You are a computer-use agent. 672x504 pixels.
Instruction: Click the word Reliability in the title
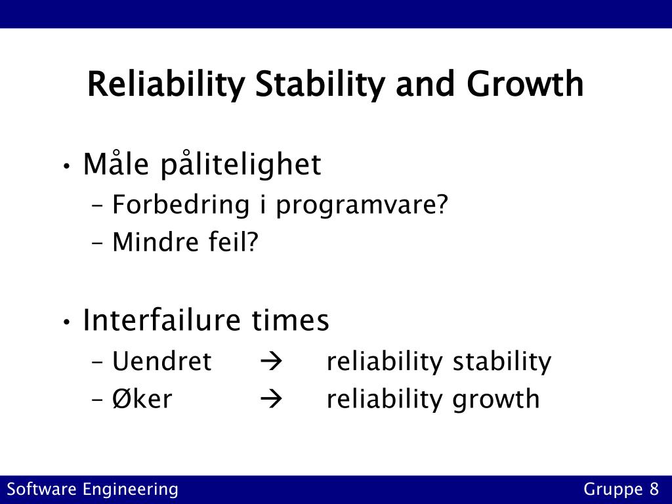166,85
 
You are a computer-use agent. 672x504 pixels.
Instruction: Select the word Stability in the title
320,85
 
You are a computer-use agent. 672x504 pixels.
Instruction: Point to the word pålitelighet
241,164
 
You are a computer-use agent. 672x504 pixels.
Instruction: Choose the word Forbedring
181,204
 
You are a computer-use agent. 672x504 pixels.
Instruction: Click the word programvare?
362,205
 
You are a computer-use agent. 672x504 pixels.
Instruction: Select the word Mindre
155,241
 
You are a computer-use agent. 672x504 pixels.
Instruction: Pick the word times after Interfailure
290,320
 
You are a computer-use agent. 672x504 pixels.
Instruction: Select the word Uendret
161,361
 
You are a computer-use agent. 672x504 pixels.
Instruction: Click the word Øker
142,398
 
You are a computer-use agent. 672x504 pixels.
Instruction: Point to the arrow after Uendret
271,362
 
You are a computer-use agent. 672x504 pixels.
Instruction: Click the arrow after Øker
271,399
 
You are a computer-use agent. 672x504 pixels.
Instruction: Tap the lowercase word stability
502,362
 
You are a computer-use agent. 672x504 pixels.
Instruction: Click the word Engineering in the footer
131,490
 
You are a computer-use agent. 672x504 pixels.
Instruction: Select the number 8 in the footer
654,489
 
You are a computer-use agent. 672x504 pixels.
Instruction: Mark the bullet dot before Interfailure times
66,322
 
